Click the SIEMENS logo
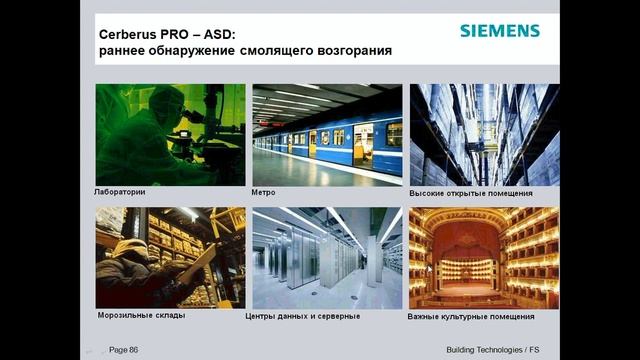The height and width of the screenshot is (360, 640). point(499,30)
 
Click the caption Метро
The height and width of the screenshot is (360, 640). point(264,191)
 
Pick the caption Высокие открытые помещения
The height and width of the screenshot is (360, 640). point(470,192)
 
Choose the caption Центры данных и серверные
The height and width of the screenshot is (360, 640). point(303,316)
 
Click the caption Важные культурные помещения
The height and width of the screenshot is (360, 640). point(471,316)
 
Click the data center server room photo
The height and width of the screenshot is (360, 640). point(327,258)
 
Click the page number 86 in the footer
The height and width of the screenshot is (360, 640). point(124,349)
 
